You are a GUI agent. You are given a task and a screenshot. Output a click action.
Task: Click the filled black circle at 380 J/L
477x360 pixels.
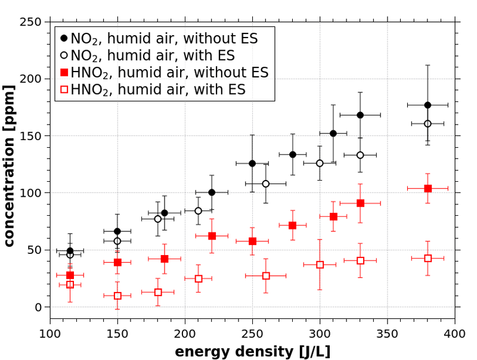tap(428, 105)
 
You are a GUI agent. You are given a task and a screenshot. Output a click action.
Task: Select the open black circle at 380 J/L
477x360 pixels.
tap(428, 123)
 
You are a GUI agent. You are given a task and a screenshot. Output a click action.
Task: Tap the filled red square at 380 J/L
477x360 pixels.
tap(428, 188)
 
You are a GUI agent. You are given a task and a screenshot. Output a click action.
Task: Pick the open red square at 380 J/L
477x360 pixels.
tap(428, 258)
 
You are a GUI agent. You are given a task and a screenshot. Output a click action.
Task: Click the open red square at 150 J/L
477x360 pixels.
tap(117, 296)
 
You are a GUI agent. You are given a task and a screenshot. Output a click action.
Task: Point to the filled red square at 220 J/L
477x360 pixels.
tap(212, 236)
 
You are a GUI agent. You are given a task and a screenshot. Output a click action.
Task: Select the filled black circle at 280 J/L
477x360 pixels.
tap(293, 154)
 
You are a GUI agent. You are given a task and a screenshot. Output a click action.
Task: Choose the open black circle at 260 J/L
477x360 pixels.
tap(266, 184)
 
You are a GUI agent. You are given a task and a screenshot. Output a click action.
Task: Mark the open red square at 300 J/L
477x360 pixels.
tap(320, 265)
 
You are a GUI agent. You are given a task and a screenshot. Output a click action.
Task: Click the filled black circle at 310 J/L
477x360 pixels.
tap(333, 134)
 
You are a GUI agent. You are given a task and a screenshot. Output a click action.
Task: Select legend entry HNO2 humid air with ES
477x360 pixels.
tap(158, 90)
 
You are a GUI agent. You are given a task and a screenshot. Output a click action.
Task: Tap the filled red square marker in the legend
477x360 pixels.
tap(64, 73)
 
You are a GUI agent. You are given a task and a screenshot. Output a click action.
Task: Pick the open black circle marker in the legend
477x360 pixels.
tap(64, 55)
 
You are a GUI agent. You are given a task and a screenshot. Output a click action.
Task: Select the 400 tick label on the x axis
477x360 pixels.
tap(455, 331)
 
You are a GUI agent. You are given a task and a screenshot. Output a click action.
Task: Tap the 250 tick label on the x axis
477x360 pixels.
tap(252, 331)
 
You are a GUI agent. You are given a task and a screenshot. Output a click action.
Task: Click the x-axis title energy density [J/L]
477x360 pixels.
tap(252, 351)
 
